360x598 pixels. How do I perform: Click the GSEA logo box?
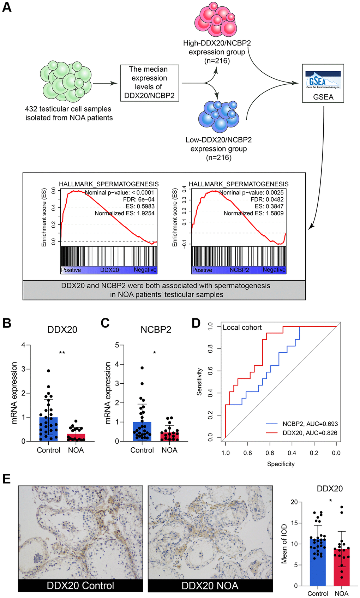pos(323,83)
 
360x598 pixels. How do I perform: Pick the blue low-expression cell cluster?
pos(219,116)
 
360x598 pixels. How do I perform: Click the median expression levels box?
pos(149,83)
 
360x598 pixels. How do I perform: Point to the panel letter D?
pos(196,323)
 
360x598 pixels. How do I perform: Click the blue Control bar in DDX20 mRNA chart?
pos(48,429)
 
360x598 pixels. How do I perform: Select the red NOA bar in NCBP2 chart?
pos(169,436)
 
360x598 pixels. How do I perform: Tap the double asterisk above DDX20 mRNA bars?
pos(62,353)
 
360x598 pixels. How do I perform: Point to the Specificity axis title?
pos(281,464)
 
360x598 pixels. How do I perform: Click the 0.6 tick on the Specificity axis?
pos(270,453)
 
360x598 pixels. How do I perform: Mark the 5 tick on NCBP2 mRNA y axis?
pos(117,345)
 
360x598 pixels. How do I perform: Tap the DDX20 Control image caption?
pos(80,586)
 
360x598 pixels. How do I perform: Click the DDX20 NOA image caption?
pos(210,586)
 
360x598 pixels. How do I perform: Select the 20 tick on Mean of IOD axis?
pos(294,502)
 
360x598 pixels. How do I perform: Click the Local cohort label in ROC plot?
pos(242,328)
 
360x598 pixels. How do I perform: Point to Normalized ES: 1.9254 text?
pos(125,213)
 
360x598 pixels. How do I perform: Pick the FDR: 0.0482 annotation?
pos(267,199)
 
